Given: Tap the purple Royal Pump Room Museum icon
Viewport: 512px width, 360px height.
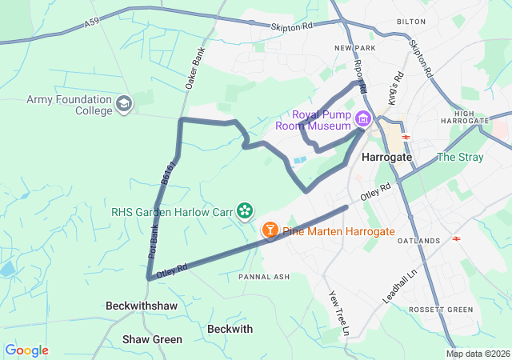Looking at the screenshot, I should click(x=362, y=120).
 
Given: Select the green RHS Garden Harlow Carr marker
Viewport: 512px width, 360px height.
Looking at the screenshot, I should click(x=245, y=212).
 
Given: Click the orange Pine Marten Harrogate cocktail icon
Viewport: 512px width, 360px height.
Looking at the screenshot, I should click(x=270, y=230).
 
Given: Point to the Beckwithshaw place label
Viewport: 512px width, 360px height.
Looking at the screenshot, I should click(x=141, y=306).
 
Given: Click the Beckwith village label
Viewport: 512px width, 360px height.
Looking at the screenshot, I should click(x=230, y=329).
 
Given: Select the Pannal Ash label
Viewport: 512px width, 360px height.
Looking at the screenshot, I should click(x=261, y=277).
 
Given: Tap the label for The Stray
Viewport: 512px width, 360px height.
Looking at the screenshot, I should click(x=460, y=157).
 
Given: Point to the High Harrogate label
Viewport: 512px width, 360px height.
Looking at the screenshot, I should click(x=470, y=117).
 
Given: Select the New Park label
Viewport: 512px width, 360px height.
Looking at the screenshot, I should click(x=354, y=49).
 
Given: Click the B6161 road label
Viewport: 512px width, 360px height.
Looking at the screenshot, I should click(x=166, y=177).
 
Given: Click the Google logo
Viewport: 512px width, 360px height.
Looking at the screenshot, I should click(x=27, y=350).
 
